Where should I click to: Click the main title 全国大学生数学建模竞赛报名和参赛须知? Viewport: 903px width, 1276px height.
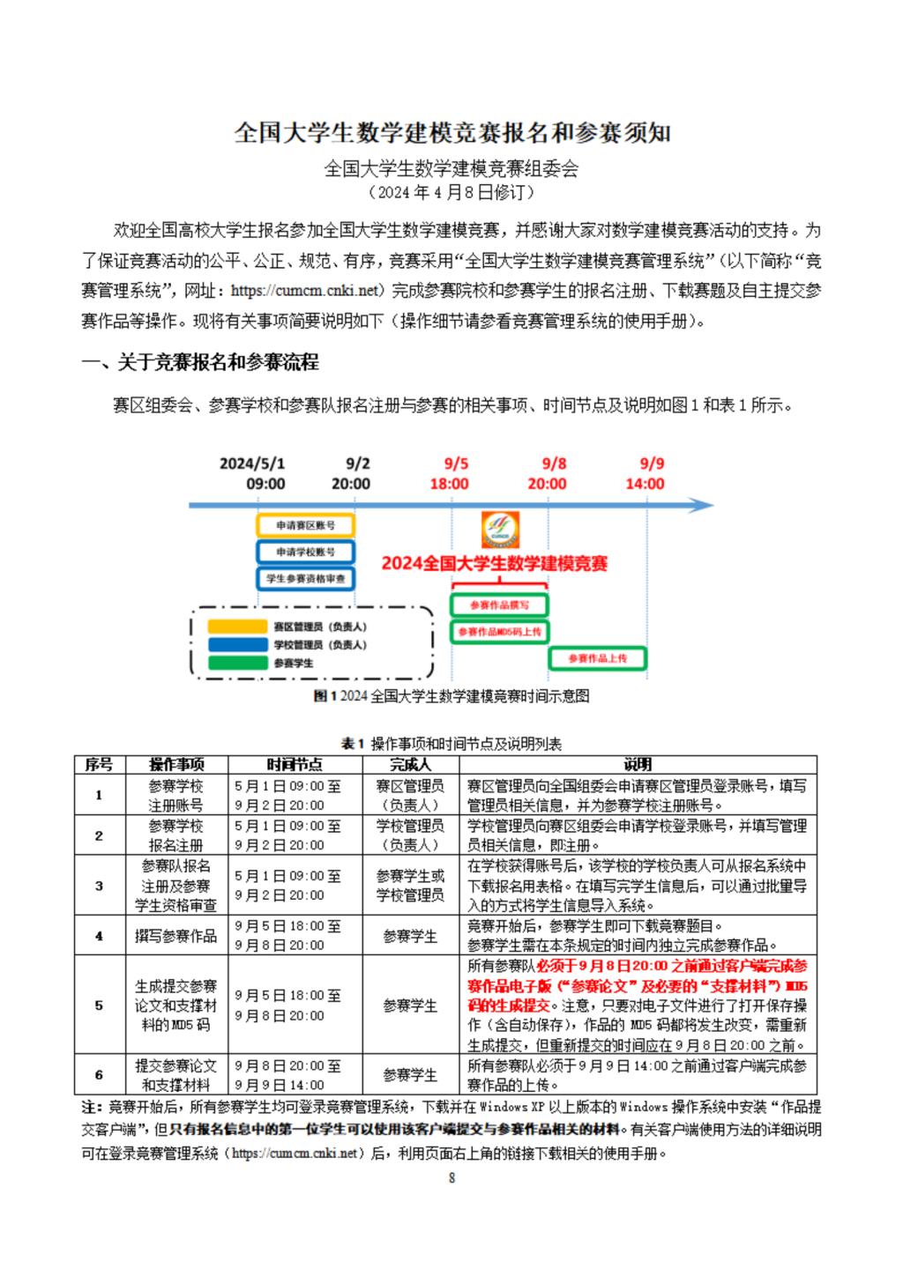pyautogui.click(x=451, y=133)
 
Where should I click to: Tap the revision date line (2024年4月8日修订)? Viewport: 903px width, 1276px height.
pyautogui.click(x=451, y=192)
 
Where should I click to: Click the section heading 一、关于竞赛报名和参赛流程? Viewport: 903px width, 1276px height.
pyautogui.click(x=200, y=362)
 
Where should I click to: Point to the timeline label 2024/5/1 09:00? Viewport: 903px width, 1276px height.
pyautogui.click(x=253, y=473)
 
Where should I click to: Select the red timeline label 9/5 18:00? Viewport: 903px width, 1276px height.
pyautogui.click(x=450, y=473)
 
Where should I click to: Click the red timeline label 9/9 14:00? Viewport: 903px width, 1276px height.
pyautogui.click(x=646, y=473)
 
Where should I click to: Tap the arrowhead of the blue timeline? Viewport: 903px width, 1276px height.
pyautogui.click(x=702, y=506)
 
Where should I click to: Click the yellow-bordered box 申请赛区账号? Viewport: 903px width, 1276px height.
pyautogui.click(x=305, y=526)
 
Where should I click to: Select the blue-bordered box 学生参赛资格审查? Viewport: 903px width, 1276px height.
pyautogui.click(x=305, y=578)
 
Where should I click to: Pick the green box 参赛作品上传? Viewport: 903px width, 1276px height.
pyautogui.click(x=598, y=658)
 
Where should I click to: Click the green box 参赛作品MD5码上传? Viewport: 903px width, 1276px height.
pyautogui.click(x=500, y=632)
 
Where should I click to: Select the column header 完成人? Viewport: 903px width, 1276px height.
pyautogui.click(x=410, y=765)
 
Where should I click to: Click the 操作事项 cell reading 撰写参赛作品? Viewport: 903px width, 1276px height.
pyautogui.click(x=175, y=936)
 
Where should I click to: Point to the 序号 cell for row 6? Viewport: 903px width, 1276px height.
pyautogui.click(x=99, y=1075)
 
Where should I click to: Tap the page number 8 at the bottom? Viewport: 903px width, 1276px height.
pyautogui.click(x=451, y=1178)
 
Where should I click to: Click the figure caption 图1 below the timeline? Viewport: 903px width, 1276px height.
pyautogui.click(x=451, y=696)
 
